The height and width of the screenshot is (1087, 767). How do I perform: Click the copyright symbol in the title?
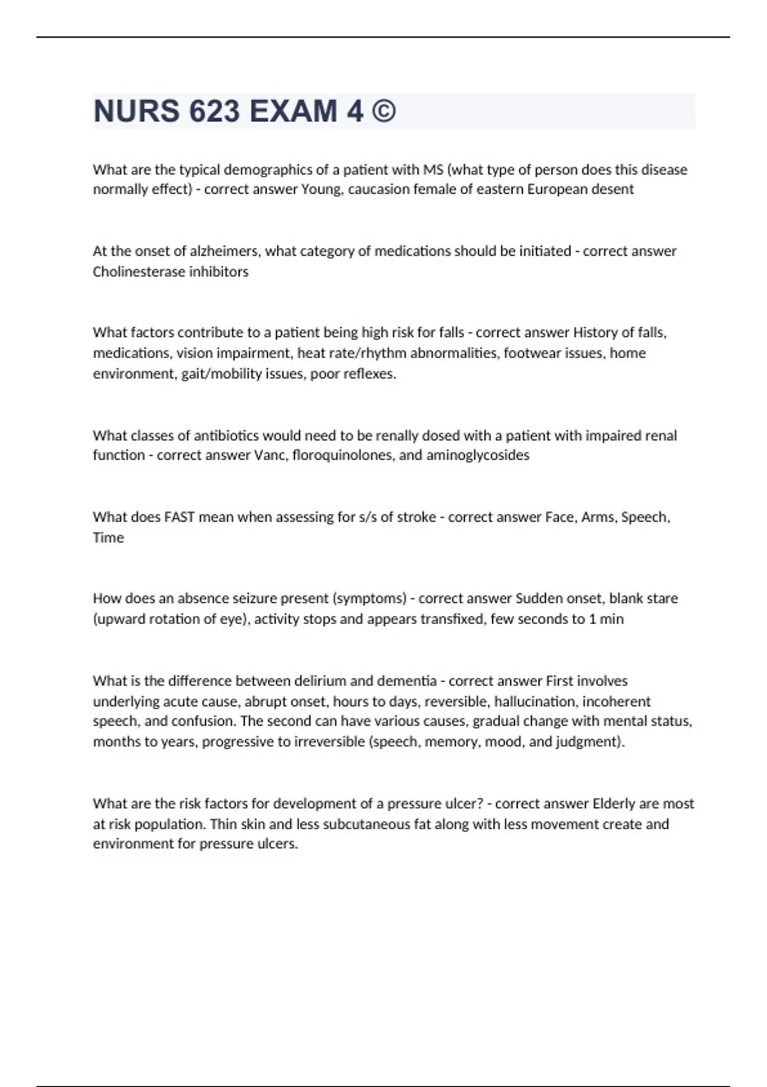pos(382,111)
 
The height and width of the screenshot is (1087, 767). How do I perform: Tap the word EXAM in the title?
pos(293,111)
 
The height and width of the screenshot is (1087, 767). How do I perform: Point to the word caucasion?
pos(376,189)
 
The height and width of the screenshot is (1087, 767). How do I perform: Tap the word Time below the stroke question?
pos(108,537)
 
